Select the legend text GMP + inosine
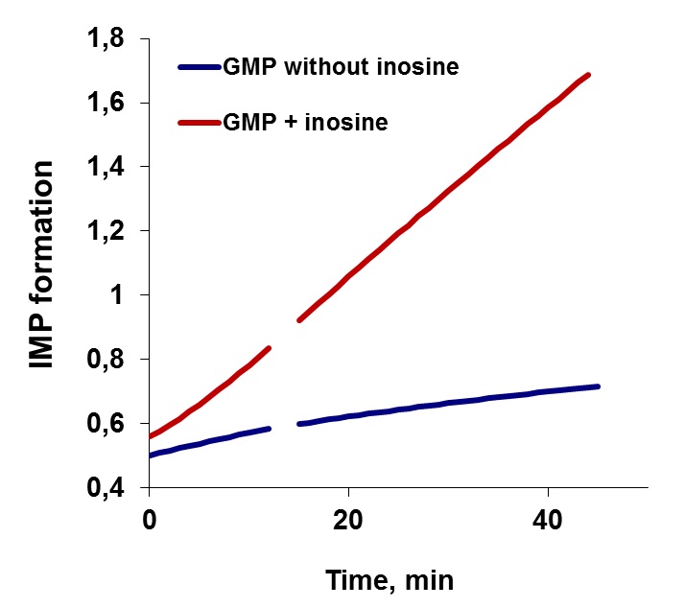[x=306, y=123]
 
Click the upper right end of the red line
[x=587, y=75]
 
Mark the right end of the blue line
[x=597, y=386]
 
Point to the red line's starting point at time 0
[x=151, y=436]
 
